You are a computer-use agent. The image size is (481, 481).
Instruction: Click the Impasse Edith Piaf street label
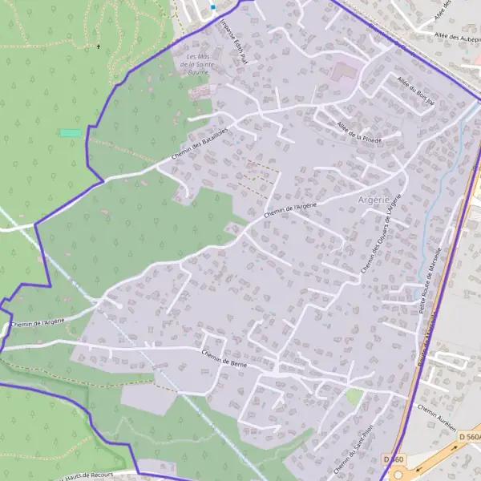click(234, 42)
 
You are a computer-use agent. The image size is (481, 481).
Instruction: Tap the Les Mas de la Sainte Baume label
click(197, 64)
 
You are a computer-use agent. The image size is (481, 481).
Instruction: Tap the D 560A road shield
click(469, 436)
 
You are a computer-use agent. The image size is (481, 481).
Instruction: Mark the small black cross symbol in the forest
click(99, 46)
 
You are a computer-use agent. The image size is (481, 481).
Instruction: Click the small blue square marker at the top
click(213, 6)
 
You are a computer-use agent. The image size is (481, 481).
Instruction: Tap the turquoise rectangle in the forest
click(71, 132)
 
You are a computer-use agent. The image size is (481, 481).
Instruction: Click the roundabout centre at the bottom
click(398, 474)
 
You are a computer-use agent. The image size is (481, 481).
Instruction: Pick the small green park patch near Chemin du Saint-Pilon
click(354, 396)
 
